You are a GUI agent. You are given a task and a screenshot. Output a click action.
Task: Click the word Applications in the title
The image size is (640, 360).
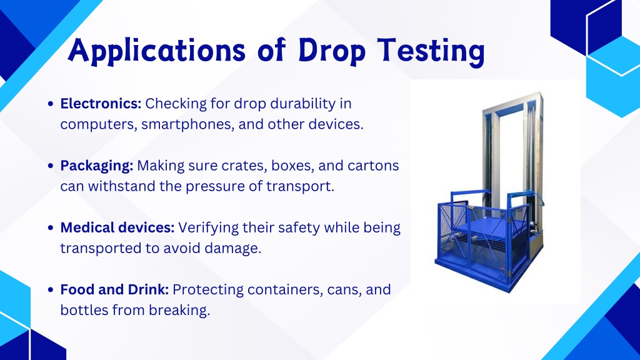pos(156,51)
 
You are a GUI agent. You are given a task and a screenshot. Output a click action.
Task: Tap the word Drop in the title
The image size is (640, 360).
pos(332,51)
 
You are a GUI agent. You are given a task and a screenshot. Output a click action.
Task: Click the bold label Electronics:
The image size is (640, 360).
pos(101,104)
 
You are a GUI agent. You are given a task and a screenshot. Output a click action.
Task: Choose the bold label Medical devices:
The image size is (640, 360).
pos(117,227)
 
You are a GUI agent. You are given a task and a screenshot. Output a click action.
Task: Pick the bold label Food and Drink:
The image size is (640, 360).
pos(115,289)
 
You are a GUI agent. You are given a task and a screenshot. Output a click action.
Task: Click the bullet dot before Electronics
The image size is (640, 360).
pos(51,104)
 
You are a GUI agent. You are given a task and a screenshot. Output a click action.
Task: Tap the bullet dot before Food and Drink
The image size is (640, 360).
pos(51,289)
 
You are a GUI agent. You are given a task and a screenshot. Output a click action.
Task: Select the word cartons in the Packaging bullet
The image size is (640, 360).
pos(373,166)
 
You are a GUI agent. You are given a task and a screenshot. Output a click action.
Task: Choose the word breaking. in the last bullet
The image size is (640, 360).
pos(179,310)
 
